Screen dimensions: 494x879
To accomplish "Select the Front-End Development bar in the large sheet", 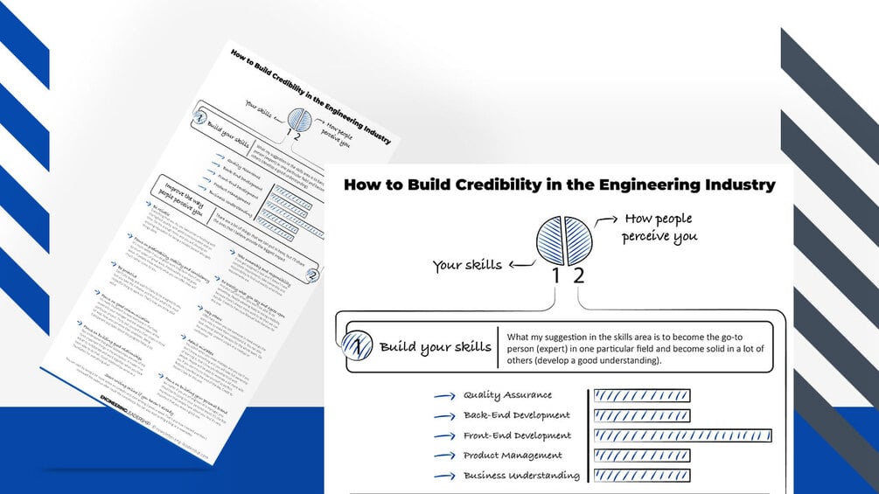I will (x=682, y=435).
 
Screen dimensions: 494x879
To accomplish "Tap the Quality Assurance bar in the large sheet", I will (x=642, y=395).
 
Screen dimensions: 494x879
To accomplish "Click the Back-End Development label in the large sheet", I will (x=516, y=415).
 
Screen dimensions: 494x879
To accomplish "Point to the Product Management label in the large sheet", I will (x=513, y=456).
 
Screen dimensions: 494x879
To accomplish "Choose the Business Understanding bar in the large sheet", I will (x=642, y=476).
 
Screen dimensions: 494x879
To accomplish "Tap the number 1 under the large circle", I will (x=555, y=276).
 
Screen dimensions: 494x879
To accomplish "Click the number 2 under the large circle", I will (x=577, y=276).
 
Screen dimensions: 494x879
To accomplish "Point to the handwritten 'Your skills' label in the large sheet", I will (x=467, y=265).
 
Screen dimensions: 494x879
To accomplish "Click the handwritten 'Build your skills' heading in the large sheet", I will (x=435, y=347).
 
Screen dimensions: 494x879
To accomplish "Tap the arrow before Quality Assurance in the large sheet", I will (x=444, y=396).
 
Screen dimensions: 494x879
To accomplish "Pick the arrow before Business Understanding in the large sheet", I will (x=444, y=477).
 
